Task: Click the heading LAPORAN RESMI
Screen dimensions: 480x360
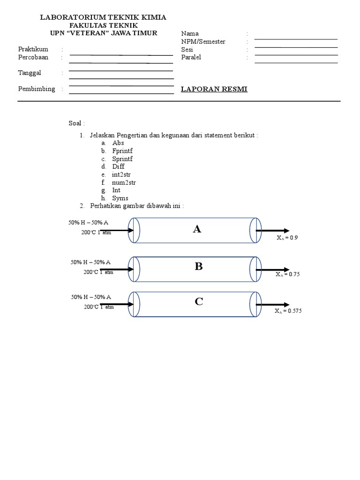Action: tap(214, 89)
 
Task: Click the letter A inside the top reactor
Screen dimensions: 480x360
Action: tap(197, 229)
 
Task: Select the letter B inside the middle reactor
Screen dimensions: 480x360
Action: tap(199, 267)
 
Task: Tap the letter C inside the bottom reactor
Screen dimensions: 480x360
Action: tap(199, 302)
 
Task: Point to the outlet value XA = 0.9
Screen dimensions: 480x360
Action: tap(287, 238)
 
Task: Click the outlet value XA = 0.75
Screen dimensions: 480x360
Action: tap(287, 274)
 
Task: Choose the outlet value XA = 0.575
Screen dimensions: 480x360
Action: tap(288, 310)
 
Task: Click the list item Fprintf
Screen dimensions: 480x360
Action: tap(122, 151)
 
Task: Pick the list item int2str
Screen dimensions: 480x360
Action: tap(121, 174)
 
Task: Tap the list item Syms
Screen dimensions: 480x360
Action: tap(120, 198)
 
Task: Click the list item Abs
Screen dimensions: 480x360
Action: tap(118, 143)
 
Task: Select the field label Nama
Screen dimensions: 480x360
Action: tap(190, 34)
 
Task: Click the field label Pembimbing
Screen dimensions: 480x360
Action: tap(36, 89)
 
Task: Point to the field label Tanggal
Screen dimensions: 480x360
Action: tap(30, 73)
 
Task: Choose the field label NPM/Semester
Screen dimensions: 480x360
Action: tap(203, 42)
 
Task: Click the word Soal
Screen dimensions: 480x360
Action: tap(76, 123)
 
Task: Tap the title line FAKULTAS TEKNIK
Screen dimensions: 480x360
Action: tap(103, 25)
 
